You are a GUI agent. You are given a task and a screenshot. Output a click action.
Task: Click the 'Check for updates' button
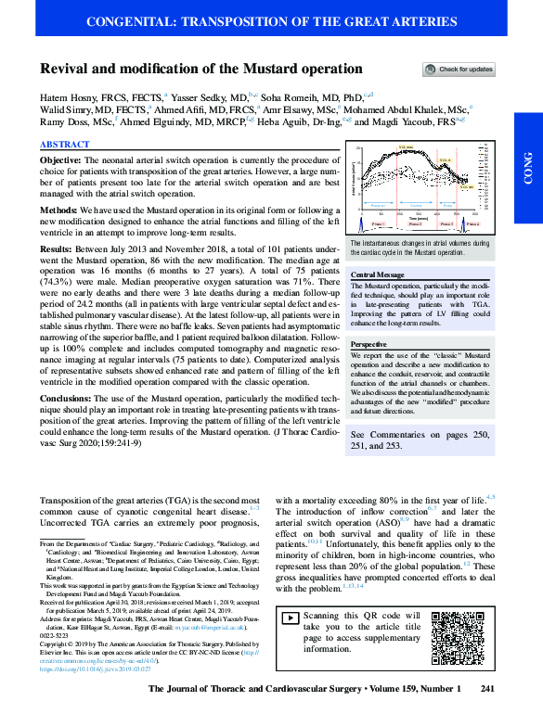[x=459, y=70]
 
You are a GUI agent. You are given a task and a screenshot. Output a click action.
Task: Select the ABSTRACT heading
[x=65, y=145]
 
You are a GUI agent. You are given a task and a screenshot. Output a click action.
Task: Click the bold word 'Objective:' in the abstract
[x=61, y=160]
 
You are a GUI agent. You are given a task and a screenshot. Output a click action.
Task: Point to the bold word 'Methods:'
[x=58, y=212]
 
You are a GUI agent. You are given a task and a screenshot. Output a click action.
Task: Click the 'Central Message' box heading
[x=376, y=275]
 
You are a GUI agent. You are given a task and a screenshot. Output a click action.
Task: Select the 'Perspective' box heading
[x=369, y=344]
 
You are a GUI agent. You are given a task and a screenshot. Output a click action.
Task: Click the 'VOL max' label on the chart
[x=406, y=147]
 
